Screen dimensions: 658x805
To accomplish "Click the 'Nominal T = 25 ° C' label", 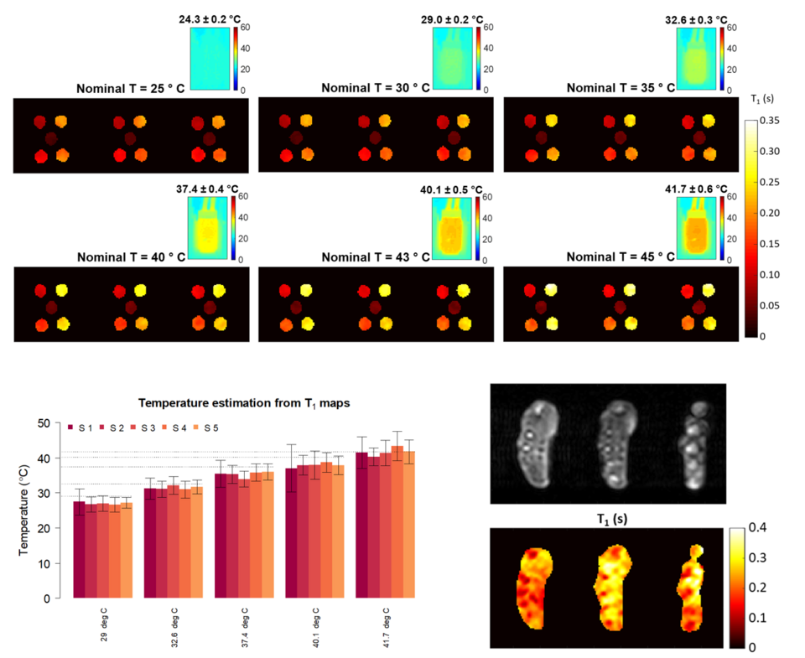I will tap(131, 87).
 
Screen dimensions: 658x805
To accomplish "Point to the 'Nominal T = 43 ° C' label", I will tap(376, 256).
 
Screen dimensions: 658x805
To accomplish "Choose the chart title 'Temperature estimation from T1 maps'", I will tap(244, 402).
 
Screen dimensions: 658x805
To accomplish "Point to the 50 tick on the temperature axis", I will tap(43, 422).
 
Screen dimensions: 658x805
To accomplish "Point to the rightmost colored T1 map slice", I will tap(691, 587).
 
